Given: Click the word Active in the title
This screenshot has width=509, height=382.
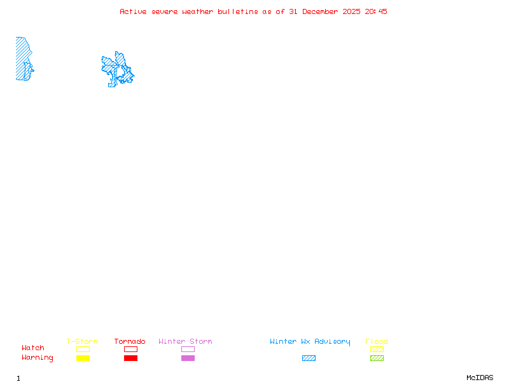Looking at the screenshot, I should coord(132,11).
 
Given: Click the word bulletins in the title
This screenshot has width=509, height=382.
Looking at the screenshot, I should coord(238,11).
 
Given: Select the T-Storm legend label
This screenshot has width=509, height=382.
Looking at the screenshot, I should coord(82,342).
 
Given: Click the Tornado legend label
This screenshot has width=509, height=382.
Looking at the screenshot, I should coord(130,342).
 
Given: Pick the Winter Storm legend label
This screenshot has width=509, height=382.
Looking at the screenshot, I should coord(185,342).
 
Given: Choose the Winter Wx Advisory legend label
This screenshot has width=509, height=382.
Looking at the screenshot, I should coord(310,342).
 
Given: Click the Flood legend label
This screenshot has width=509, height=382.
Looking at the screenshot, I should coord(377,342).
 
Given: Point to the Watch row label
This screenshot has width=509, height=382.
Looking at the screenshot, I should coord(33,348).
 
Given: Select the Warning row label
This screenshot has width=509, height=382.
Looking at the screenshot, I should coord(38,358).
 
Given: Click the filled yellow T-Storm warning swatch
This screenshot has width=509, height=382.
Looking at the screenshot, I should coord(83,358).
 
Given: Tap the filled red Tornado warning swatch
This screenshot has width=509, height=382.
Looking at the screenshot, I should coord(130,358).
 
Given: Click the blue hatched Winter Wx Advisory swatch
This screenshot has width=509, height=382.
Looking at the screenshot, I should coord(309,358).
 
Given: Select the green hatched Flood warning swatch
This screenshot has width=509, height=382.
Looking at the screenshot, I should coord(377,358).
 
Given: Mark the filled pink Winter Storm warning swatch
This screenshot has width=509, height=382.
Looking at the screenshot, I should coord(188,358).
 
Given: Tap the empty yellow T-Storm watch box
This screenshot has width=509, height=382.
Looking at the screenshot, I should coord(83,349).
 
